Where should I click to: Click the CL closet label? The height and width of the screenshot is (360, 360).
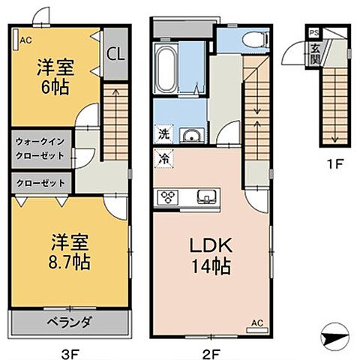click(115, 53)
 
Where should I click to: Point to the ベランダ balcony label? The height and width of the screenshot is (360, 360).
click(70, 322)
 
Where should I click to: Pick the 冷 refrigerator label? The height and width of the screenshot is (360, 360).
click(163, 157)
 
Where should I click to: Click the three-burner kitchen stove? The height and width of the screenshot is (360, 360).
click(167, 197)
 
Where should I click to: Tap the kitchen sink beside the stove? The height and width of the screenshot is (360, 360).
click(205, 197)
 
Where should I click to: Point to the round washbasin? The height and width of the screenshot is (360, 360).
click(191, 136)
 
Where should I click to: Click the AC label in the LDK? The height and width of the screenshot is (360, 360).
click(256, 323)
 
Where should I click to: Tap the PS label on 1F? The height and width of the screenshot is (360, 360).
click(314, 32)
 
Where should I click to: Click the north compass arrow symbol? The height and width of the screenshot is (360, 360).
click(334, 338)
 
